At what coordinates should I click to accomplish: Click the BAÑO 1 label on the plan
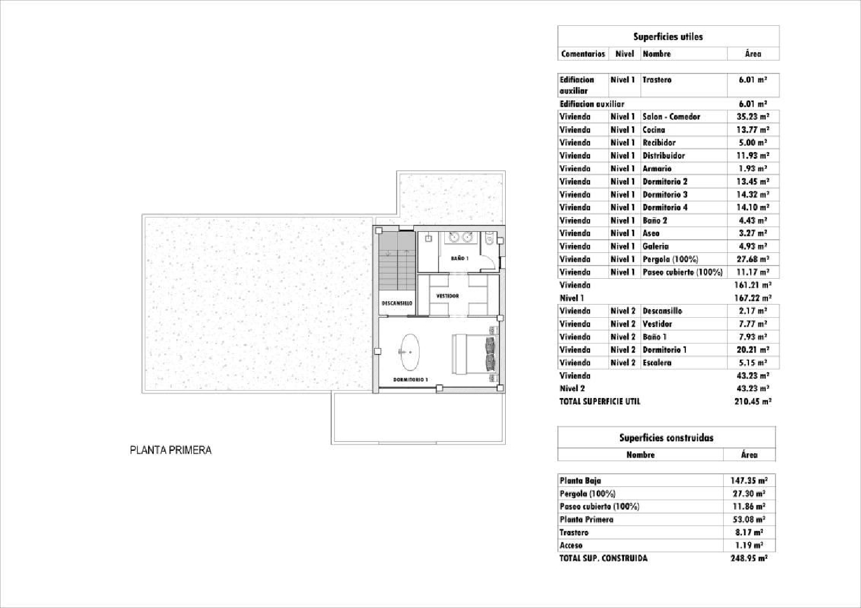point(459,259)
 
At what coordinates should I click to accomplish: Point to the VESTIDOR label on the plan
point(448,296)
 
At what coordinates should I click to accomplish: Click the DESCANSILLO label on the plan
point(397,303)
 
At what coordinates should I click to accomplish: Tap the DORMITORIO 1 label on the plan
point(410,380)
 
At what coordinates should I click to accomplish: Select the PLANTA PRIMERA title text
point(170,450)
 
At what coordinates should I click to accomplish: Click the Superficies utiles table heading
point(668,37)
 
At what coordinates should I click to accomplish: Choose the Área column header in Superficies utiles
point(753,54)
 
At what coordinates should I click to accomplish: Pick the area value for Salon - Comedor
point(753,116)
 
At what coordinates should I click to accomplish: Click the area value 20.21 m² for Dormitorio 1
point(753,350)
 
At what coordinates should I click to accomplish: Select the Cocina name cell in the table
point(654,130)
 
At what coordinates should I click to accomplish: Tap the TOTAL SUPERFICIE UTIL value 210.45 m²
point(753,402)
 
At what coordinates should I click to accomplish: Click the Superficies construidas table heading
point(666,438)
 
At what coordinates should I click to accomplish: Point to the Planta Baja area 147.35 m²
point(748,481)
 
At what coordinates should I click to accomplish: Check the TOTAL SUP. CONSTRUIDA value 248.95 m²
point(748,558)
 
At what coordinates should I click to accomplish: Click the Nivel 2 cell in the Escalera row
point(623,363)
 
